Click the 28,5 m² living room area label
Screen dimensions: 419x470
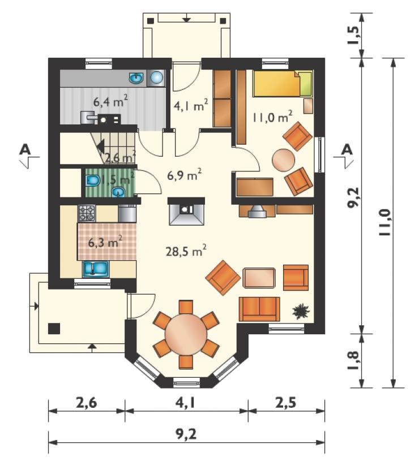(x=186, y=251)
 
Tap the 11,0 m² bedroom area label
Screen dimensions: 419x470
(x=272, y=117)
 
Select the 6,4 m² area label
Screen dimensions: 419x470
(x=111, y=101)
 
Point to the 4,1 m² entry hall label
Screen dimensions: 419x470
(x=191, y=106)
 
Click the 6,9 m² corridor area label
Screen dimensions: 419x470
(x=184, y=175)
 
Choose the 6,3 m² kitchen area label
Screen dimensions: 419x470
(x=105, y=242)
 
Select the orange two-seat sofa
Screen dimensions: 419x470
(x=259, y=309)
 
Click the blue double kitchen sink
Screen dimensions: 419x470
(x=96, y=269)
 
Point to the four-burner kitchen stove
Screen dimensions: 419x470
(x=87, y=213)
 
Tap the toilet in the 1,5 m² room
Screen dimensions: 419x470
(x=93, y=181)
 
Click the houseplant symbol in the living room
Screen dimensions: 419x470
(x=301, y=311)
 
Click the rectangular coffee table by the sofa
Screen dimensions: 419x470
(x=259, y=278)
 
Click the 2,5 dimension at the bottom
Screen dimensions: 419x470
(x=287, y=403)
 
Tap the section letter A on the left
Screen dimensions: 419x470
(x=25, y=149)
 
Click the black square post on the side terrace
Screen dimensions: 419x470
(x=54, y=329)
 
